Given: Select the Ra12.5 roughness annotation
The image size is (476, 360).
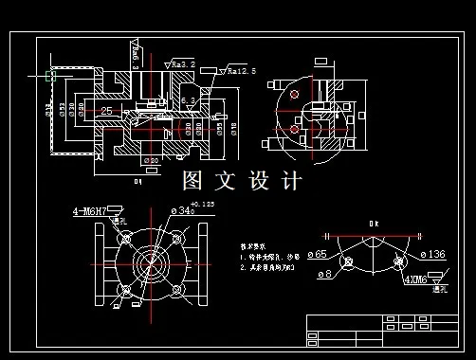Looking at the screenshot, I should coord(240,71).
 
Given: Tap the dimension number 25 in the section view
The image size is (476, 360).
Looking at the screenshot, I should coord(106,111).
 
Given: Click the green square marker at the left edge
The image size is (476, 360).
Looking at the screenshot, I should coord(49,74).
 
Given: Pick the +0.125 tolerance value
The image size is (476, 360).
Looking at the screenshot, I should coord(202,204).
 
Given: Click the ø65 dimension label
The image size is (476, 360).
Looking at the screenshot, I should coord(316,254).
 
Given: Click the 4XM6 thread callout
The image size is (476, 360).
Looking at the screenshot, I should coord(415,279).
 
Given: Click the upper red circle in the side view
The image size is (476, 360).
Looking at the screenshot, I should coord(296,97).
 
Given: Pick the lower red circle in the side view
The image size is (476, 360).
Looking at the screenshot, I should coord(295,127).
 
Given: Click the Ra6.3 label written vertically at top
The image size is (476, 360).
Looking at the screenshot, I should coord(136,62).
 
